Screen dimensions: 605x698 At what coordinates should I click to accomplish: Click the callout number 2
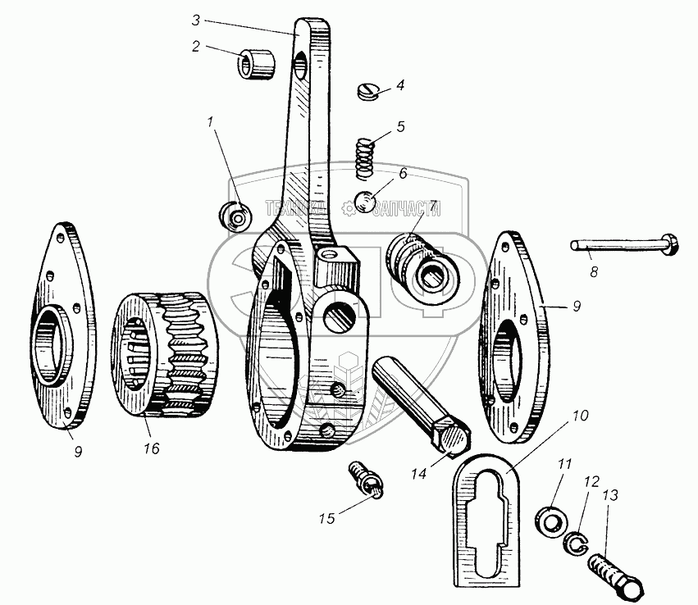tap(196, 46)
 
